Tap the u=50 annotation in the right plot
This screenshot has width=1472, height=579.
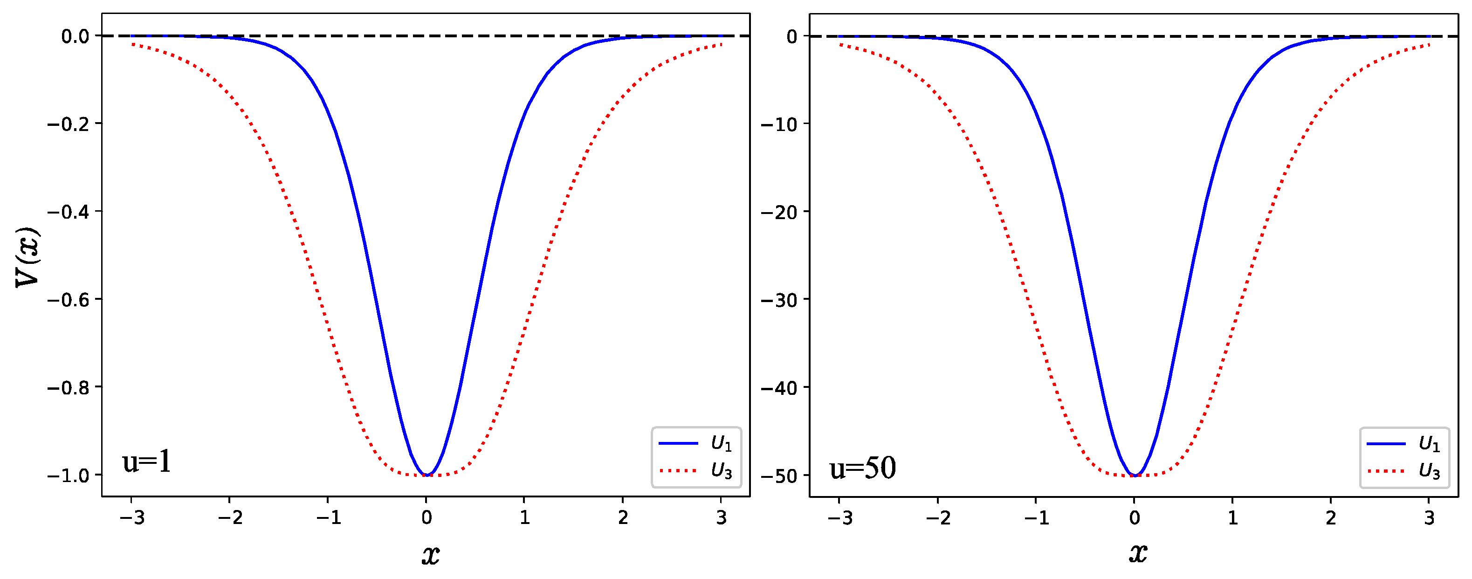pyautogui.click(x=862, y=468)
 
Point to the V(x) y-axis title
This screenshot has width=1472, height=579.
pyautogui.click(x=28, y=257)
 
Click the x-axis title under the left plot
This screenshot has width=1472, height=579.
pyautogui.click(x=431, y=554)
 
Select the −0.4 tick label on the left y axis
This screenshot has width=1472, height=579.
pyautogui.click(x=68, y=212)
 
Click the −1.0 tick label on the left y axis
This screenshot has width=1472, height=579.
pyautogui.click(x=68, y=476)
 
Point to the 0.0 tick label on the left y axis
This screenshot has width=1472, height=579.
pyautogui.click(x=76, y=36)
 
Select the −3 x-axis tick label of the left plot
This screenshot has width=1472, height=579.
pyautogui.click(x=131, y=518)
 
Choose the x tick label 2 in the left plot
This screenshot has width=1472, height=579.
pyautogui.click(x=623, y=518)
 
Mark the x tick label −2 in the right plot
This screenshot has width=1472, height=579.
pyautogui.click(x=938, y=518)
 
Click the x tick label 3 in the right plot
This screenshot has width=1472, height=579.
pyautogui.click(x=1429, y=518)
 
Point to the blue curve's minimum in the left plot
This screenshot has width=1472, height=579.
pyautogui.click(x=426, y=475)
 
